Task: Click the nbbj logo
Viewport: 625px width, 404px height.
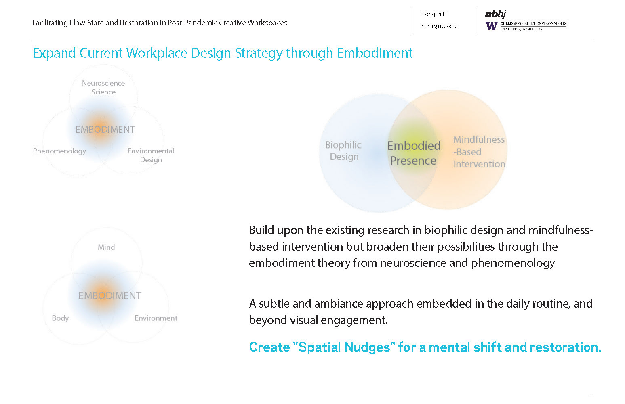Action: click(x=495, y=14)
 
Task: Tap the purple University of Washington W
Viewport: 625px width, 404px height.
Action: click(x=491, y=26)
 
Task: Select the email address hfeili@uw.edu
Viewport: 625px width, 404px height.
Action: click(x=439, y=26)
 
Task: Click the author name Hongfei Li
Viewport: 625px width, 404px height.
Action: click(x=434, y=14)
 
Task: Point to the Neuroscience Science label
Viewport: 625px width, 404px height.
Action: click(x=103, y=88)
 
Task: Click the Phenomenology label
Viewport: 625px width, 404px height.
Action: click(x=59, y=151)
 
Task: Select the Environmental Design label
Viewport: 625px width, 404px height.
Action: click(x=151, y=155)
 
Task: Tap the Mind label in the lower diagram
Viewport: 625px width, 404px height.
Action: click(x=106, y=247)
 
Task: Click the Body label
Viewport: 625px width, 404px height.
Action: click(x=60, y=318)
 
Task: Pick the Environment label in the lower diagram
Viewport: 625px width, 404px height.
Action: click(x=156, y=318)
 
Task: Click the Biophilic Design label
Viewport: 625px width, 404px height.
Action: click(x=343, y=151)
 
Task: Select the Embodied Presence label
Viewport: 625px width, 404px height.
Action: click(x=413, y=153)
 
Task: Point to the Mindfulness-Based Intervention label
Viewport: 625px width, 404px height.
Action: click(x=479, y=152)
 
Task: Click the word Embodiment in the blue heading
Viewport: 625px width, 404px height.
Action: click(x=375, y=53)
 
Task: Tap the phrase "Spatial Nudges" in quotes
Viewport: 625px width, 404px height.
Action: click(x=344, y=347)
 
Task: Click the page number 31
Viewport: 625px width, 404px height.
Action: click(x=591, y=395)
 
